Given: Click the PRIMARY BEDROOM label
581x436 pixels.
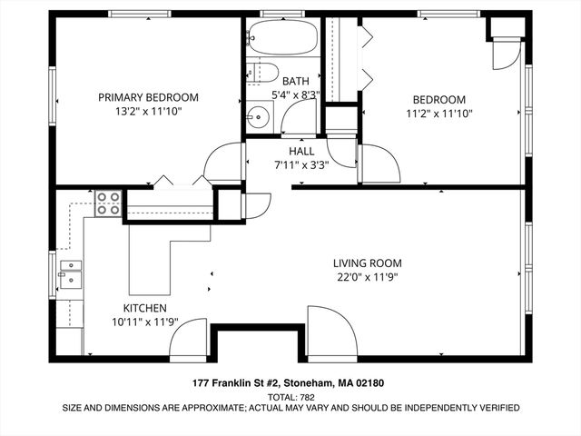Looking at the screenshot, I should coord(148,97).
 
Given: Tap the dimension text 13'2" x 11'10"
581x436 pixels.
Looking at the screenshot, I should coord(148,113).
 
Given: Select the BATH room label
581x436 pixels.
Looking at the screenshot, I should coord(295,81).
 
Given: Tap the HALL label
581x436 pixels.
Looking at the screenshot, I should coord(301,151).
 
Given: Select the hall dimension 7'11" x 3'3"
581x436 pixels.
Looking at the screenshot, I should coord(301,165).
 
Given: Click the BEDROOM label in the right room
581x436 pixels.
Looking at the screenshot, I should coord(439,100).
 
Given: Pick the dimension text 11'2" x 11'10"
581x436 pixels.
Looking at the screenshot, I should coord(439,114).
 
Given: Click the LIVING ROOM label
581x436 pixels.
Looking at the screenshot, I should coord(367,263).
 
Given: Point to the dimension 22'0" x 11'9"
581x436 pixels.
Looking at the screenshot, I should coord(367,277).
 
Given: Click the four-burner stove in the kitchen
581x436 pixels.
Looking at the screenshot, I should coord(109,203).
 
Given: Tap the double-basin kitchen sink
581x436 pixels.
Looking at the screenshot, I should coord(70,272).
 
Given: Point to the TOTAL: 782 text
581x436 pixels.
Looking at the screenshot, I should coord(290,397).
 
